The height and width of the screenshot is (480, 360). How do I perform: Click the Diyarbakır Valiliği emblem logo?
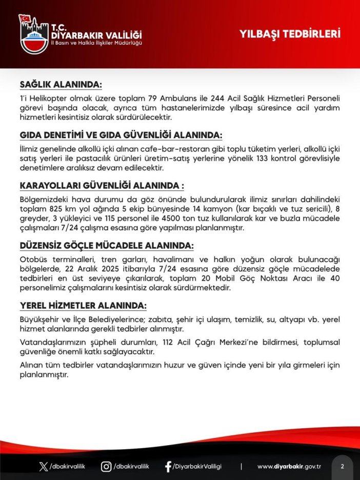click(x=34, y=34)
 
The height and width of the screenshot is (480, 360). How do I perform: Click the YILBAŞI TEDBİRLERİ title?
click(x=290, y=34)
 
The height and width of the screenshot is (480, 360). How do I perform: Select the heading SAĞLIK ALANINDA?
click(x=61, y=84)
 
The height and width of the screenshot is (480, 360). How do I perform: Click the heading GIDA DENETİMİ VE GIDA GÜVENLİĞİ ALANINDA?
click(x=121, y=135)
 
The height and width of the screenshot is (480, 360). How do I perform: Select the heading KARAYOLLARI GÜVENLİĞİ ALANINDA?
click(x=102, y=186)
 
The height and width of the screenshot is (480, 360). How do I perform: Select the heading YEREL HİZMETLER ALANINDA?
click(x=83, y=306)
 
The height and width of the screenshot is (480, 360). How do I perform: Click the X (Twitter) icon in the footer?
click(x=43, y=466)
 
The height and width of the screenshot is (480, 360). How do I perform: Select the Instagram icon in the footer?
click(x=106, y=466)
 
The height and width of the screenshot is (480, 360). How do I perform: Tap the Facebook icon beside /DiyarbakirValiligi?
click(x=168, y=466)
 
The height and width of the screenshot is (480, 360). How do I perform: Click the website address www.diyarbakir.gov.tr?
click(x=289, y=466)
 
